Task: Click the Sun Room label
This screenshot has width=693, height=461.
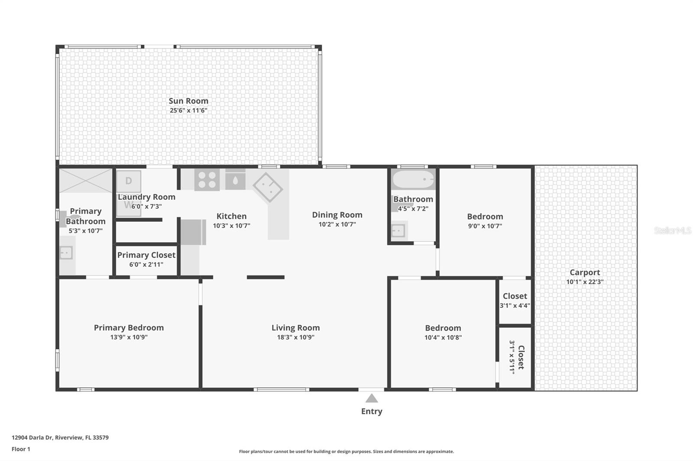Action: coord(188,101)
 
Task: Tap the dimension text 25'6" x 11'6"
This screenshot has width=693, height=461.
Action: coord(188,110)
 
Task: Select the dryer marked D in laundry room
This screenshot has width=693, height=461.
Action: coord(129,181)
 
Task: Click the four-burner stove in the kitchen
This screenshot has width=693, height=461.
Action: coord(207,180)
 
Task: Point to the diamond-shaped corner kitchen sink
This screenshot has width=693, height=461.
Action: coord(268,187)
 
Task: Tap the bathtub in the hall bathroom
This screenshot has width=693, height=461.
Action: coord(413,179)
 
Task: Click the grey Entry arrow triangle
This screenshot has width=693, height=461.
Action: coord(372,398)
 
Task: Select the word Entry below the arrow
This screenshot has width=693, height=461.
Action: coord(372,411)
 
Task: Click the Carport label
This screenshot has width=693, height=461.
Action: coord(585,272)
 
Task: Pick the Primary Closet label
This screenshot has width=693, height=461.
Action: coord(146,255)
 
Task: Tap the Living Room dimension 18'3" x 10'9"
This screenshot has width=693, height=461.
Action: coord(295,337)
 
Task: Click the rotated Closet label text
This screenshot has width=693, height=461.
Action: coord(521,357)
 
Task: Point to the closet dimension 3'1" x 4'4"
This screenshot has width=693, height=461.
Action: coord(515,306)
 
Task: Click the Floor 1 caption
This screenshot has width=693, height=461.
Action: coord(21,449)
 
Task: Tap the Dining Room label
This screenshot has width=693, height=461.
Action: coord(337,215)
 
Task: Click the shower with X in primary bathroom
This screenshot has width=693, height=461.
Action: coord(86,181)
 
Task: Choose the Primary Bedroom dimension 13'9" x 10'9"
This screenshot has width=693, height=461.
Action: coord(129,337)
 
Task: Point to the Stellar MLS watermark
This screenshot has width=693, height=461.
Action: coord(672,230)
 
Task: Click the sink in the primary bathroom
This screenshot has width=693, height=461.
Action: coord(66,253)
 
